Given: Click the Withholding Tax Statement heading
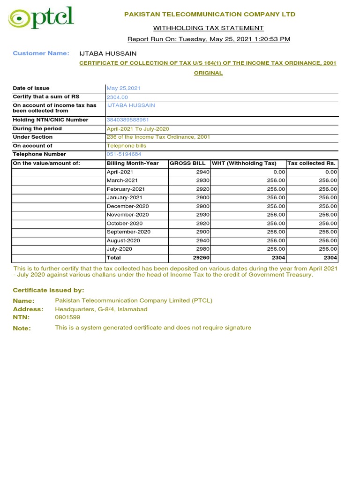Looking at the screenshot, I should pyautogui.click(x=209, y=28).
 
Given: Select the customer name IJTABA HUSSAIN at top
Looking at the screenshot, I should pyautogui.click(x=108, y=53).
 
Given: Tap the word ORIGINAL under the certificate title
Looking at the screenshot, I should pyautogui.click(x=209, y=73).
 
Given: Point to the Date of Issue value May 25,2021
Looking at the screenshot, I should pyautogui.click(x=123, y=88).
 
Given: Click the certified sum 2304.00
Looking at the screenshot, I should pyautogui.click(x=117, y=97).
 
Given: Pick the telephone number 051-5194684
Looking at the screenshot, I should pyautogui.click(x=124, y=154).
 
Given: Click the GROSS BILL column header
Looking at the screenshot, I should pyautogui.click(x=187, y=163).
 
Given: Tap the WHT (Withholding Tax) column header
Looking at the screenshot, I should pyautogui.click(x=244, y=163).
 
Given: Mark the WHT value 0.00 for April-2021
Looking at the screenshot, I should pyautogui.click(x=278, y=172).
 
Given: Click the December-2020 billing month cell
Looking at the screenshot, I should pyautogui.click(x=127, y=206).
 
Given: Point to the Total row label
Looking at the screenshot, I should pyautogui.click(x=113, y=258).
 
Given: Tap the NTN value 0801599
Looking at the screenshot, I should pyautogui.click(x=67, y=317).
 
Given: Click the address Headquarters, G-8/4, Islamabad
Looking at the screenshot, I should pyautogui.click(x=101, y=309).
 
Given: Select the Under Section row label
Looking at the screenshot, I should pyautogui.click(x=33, y=137).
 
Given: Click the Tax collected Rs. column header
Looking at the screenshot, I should pyautogui.click(x=311, y=163).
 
